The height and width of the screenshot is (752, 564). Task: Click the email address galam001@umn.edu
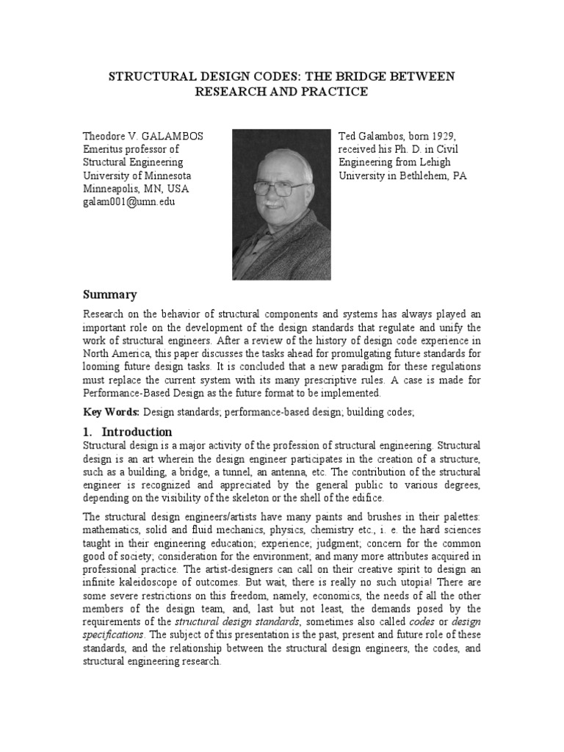[129, 202]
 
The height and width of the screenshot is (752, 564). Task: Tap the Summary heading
[109, 294]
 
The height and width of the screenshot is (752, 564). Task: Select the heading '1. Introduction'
[128, 432]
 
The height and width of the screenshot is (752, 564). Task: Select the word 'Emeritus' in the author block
[104, 149]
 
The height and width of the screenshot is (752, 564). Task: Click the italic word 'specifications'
[112, 634]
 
